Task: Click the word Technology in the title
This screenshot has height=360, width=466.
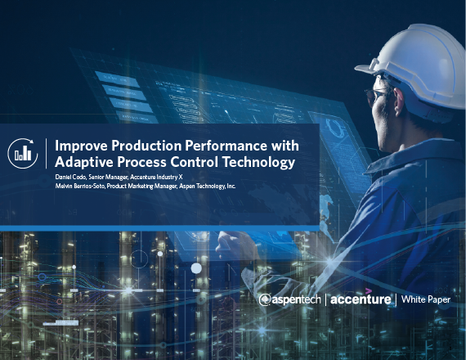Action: point(259,163)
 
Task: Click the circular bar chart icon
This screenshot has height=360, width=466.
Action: point(23,154)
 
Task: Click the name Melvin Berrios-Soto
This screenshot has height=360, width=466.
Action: point(80,187)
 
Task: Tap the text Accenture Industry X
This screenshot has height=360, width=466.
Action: point(156,177)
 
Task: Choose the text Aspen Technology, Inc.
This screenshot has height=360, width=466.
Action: point(208,187)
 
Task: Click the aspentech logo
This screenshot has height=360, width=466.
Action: point(289,300)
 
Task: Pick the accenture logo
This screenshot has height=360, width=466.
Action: point(361,299)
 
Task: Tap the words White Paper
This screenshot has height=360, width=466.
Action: point(426,299)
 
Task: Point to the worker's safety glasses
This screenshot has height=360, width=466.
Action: point(375,95)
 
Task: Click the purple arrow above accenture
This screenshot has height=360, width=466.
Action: point(369,290)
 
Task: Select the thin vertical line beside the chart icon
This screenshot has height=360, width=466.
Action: point(47,154)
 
